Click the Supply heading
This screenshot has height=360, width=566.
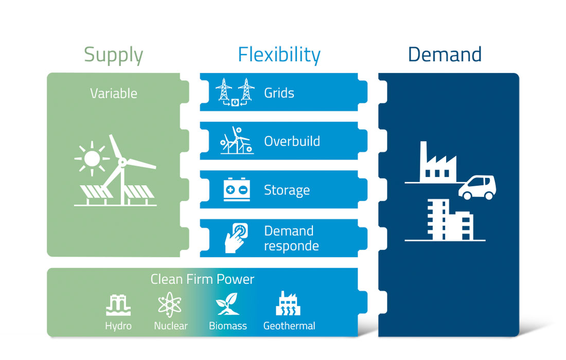(x=114, y=56)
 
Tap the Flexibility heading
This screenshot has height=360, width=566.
(x=279, y=55)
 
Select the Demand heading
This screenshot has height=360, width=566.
(x=445, y=55)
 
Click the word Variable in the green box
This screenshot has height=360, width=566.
(x=114, y=94)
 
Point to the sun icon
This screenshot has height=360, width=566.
(x=92, y=158)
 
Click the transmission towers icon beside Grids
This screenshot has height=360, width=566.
(x=235, y=92)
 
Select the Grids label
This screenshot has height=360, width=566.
(x=279, y=93)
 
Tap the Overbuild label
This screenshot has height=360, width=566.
(x=292, y=141)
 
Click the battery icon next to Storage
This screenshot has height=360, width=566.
(x=237, y=189)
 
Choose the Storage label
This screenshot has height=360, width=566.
(x=287, y=190)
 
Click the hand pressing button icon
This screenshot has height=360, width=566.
(x=237, y=238)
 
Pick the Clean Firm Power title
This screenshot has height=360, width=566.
(x=202, y=279)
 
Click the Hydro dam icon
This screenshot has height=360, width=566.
(x=118, y=305)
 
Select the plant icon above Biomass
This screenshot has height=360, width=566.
(x=227, y=304)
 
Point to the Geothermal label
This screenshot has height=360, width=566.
(x=289, y=326)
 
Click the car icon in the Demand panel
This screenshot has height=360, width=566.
(x=477, y=188)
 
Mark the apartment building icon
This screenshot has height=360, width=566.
(x=450, y=220)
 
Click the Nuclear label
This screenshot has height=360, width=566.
(x=171, y=326)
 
